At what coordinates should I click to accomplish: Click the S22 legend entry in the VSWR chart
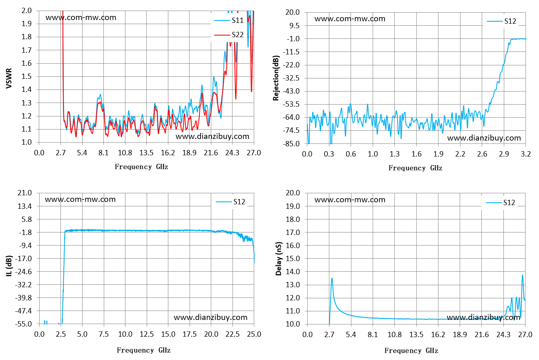coord(229,35)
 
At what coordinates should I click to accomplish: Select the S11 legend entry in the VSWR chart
coord(229,20)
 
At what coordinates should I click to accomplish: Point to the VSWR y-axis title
coord(9,78)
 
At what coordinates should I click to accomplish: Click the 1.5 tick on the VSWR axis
coord(27,76)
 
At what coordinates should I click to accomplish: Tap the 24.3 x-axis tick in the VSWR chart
coord(232,153)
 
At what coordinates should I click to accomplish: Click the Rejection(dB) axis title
coord(276,78)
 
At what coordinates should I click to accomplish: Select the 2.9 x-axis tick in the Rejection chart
coord(504,154)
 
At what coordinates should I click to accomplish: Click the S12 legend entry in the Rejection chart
coord(501,21)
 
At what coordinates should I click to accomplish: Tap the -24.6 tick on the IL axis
coord(23,272)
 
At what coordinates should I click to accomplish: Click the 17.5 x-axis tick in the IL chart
coord(190,334)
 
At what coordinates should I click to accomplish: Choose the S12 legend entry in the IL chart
coord(230,202)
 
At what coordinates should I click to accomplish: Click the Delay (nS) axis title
coord(278,259)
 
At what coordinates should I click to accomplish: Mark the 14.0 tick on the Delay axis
coord(293,272)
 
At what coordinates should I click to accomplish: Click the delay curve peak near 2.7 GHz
coord(332,278)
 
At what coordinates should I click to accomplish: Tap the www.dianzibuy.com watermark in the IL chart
coord(210,318)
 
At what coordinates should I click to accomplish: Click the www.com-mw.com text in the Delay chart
coord(350,200)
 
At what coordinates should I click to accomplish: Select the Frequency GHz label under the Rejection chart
coord(415,168)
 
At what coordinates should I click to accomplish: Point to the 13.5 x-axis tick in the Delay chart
coord(416,334)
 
